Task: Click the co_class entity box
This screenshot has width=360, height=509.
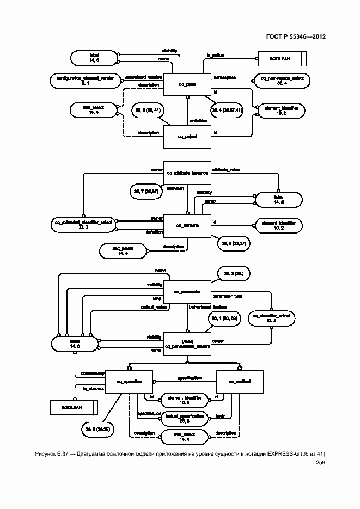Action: coord(187,84)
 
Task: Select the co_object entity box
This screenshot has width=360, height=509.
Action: coord(187,136)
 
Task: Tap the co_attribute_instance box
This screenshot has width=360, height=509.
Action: coord(187,173)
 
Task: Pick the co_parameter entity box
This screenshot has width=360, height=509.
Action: coord(187,292)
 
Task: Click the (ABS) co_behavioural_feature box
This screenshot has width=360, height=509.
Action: coord(187,343)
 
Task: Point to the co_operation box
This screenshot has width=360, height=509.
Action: coord(129,382)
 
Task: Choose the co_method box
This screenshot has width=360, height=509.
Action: coord(240,382)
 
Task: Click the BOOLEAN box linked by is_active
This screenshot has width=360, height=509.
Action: coord(282,58)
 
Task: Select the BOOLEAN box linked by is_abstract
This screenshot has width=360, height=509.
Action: coord(73,407)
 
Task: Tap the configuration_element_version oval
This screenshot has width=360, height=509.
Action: coord(86,81)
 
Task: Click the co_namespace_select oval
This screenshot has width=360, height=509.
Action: coord(282,81)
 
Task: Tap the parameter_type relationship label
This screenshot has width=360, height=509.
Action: coord(231,296)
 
